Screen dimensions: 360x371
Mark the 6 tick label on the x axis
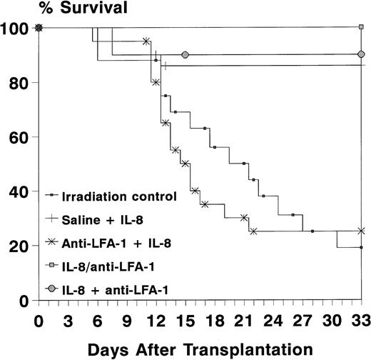(x=97, y=319)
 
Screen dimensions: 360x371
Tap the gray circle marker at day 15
(x=185, y=55)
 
